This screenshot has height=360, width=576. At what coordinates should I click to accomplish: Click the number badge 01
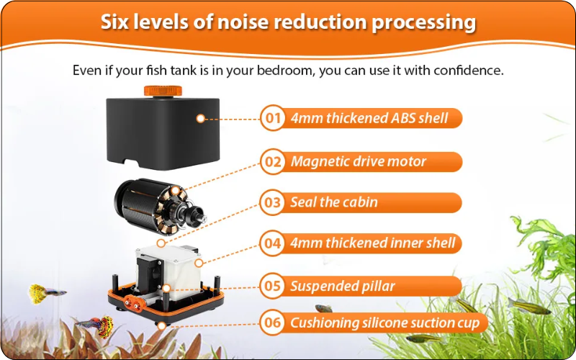click(273, 118)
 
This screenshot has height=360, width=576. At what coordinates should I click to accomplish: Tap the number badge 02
click(273, 162)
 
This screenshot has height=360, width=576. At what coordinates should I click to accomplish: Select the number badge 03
click(273, 202)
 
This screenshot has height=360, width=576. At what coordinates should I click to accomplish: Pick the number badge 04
click(273, 243)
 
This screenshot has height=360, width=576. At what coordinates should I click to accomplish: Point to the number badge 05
click(273, 286)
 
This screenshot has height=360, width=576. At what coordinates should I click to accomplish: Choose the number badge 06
click(273, 323)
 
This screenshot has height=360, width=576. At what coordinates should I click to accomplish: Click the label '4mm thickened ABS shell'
click(369, 118)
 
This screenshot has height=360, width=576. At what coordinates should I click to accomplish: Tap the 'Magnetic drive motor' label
click(359, 161)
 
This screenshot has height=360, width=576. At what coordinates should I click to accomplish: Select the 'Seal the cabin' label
click(334, 202)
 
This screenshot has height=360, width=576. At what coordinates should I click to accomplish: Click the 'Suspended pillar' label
click(343, 286)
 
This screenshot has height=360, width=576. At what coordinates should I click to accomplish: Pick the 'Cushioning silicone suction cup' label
click(385, 323)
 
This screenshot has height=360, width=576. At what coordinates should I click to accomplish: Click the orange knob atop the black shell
click(163, 91)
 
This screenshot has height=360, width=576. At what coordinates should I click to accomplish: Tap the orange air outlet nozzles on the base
click(134, 304)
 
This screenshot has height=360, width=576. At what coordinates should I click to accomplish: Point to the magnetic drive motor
click(158, 207)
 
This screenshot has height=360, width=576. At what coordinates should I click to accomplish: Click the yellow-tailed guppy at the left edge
click(46, 293)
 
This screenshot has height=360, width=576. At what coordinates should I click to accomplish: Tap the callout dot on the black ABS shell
click(201, 119)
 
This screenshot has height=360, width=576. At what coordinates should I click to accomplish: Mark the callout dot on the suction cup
click(161, 326)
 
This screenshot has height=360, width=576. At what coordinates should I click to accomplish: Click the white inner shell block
click(173, 267)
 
